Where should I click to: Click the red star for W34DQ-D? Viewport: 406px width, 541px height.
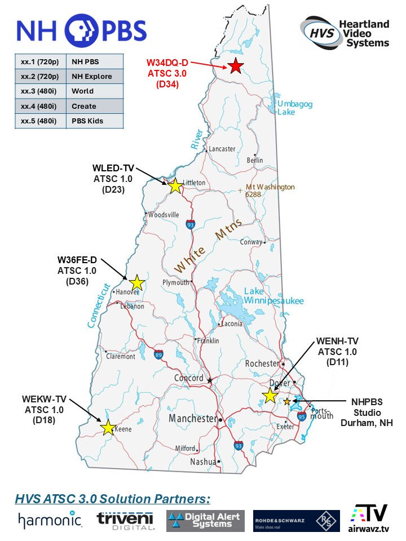tap(236, 66)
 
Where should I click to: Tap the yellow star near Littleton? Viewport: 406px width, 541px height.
tap(175, 185)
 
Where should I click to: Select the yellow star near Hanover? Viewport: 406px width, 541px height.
tap(137, 282)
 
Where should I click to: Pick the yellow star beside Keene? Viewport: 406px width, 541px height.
tap(108, 428)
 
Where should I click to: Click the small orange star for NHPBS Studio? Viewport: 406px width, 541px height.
tap(287, 401)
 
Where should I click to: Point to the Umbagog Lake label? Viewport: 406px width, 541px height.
tap(294, 108)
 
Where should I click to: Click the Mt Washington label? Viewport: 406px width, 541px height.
tap(270, 190)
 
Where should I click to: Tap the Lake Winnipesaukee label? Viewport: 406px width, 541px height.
tap(273, 296)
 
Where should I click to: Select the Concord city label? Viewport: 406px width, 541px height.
tap(189, 378)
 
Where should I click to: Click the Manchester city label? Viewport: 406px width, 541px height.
tap(193, 419)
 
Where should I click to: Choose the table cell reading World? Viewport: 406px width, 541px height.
tap(95, 91)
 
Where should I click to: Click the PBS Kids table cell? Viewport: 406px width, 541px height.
tap(95, 121)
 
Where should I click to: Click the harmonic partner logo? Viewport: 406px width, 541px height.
tap(50, 520)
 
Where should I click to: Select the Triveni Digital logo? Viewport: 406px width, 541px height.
tap(125, 520)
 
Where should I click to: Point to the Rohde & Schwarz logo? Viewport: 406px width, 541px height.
tap(296, 520)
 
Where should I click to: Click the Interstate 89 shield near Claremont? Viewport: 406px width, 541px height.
tap(158, 354)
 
